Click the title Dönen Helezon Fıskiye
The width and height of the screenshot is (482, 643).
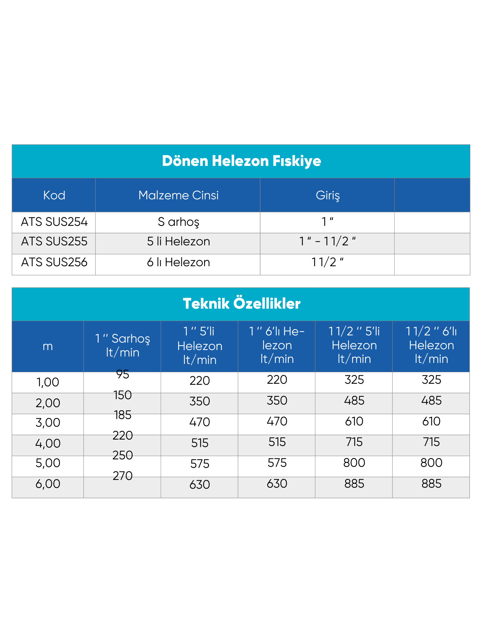[x=241, y=161]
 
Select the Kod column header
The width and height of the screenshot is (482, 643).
[x=54, y=195]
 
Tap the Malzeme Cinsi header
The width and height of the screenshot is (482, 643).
[x=178, y=195]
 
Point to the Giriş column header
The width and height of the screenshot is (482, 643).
[x=328, y=195]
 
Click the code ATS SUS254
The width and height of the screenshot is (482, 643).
[x=54, y=222]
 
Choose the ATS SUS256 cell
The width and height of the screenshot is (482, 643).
[x=54, y=262]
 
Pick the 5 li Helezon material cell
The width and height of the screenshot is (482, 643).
[x=178, y=242]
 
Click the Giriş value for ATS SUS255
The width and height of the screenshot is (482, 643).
[x=328, y=242]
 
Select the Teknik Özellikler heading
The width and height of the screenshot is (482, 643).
[x=241, y=304]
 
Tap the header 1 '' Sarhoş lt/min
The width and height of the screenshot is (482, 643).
[x=122, y=346]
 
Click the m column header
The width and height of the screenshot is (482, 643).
[x=48, y=346]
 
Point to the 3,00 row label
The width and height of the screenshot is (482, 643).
[x=48, y=422]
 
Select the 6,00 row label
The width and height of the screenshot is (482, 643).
[x=48, y=484]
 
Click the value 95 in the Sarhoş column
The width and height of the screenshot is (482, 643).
[x=122, y=374]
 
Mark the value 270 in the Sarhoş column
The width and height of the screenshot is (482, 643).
[x=122, y=476]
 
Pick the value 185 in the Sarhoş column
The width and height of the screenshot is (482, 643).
[x=122, y=415]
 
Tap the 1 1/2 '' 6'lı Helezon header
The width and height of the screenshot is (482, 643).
[x=431, y=345]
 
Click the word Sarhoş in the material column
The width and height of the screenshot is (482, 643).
[x=178, y=222]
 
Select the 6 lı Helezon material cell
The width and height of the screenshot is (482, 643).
[x=178, y=262]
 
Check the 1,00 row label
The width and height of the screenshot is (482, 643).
[x=48, y=382]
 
